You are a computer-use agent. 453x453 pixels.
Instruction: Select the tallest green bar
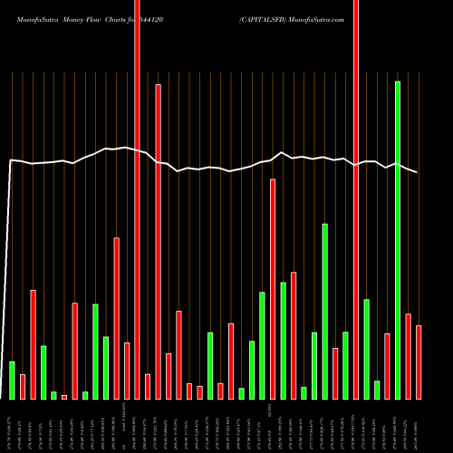[398, 239]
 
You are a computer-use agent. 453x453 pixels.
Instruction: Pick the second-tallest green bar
[324, 311]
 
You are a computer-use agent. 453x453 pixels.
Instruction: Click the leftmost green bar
[12, 380]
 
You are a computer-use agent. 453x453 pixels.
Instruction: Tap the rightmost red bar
[419, 361]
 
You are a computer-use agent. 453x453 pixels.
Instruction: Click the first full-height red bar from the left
[138, 199]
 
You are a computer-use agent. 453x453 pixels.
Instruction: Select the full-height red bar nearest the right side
[356, 199]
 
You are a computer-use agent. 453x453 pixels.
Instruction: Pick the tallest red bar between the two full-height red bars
[159, 241]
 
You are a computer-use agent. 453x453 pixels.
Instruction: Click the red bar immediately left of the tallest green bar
[388, 366]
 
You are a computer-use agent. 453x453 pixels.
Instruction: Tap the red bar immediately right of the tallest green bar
[409, 356]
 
